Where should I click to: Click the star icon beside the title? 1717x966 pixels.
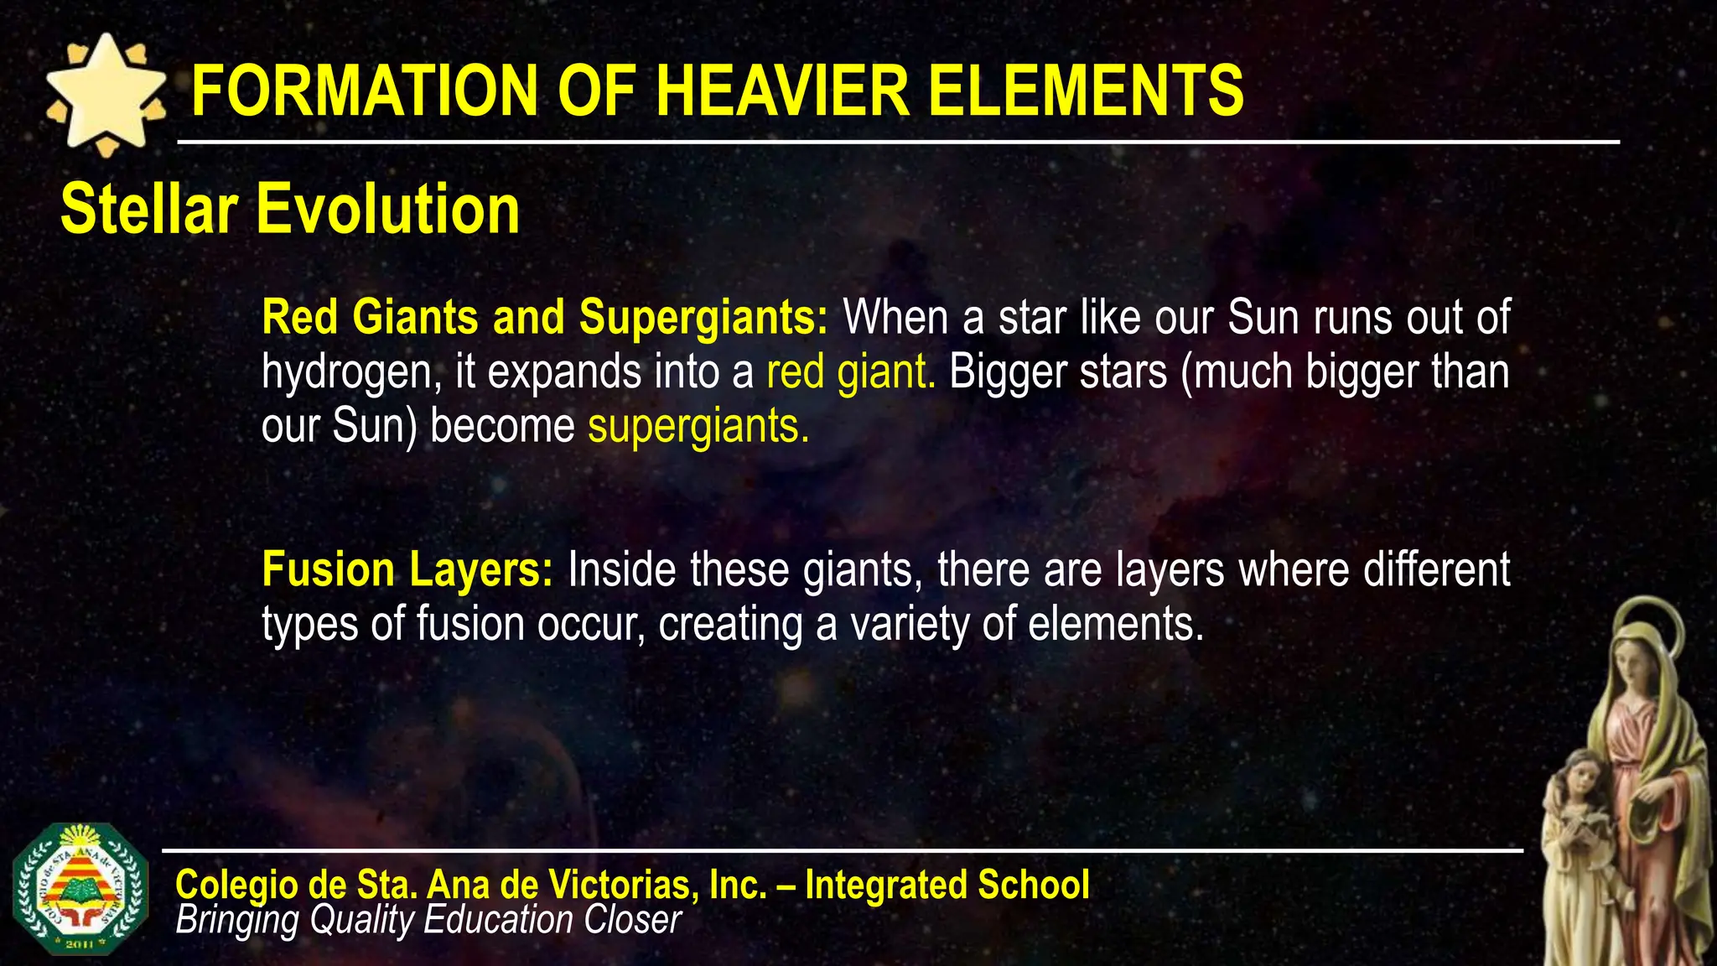coord(106,95)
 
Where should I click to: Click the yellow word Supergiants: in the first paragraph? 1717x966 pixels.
coord(703,318)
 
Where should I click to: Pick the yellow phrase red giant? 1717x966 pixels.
coord(850,373)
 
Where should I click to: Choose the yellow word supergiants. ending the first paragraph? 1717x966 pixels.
coord(698,427)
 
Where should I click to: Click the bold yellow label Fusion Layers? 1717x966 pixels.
coord(407,570)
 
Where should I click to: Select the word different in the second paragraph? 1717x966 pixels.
coord(1436,570)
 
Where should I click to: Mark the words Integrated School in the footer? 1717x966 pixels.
coord(947,885)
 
